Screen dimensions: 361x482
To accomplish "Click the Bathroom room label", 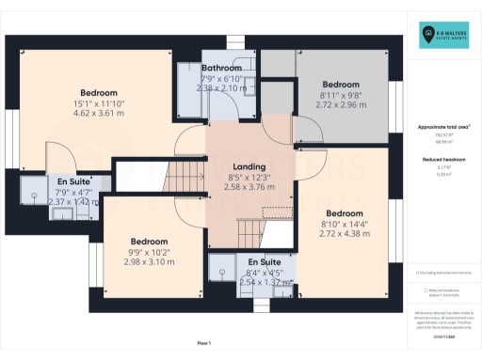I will point(222,69).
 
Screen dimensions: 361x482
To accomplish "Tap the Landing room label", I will point(249,166).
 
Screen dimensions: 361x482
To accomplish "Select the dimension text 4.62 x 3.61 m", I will point(98,114).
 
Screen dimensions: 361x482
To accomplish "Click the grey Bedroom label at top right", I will point(341,84).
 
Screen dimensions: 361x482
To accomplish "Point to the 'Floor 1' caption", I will point(204,342).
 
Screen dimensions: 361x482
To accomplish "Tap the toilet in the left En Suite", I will point(36,197).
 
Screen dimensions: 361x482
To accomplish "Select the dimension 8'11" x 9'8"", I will point(341,95).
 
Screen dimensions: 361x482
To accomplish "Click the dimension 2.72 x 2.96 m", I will point(341,105).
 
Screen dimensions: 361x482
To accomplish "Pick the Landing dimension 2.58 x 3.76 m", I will point(249,187).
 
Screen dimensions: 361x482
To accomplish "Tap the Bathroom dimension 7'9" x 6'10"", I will point(222,79).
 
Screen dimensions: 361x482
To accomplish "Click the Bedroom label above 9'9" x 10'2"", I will point(149,241).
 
